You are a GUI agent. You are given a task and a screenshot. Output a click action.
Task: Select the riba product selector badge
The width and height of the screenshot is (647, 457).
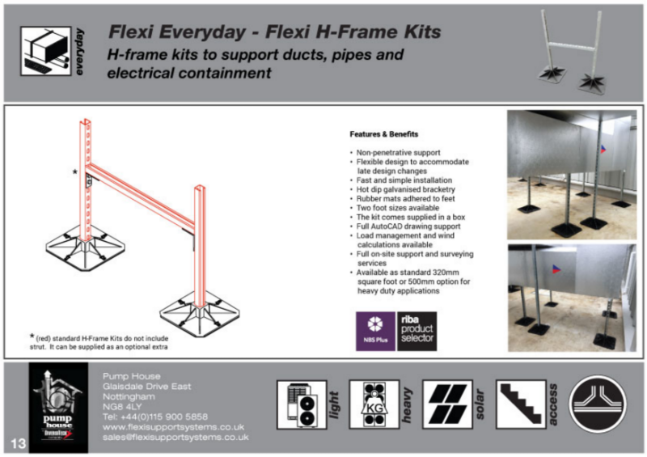pos(417,332)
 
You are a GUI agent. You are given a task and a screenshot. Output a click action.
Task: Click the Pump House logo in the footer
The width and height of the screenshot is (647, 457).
pos(57,406)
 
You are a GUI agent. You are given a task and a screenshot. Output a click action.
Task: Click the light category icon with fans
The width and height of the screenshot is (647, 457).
pos(301,404)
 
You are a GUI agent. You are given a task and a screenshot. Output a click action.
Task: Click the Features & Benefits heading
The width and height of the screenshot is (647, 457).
pos(384,133)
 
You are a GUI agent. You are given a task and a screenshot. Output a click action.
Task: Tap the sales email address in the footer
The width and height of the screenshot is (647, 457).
pos(175,436)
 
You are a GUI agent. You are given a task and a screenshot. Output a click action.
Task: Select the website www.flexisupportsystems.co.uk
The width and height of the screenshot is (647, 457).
pos(174,426)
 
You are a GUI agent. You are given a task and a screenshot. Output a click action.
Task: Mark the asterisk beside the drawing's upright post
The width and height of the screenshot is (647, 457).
pos(75,172)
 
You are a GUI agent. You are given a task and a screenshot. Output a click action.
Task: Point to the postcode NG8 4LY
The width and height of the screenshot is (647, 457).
pos(122,407)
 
